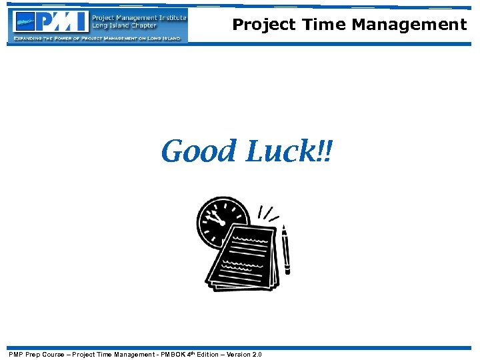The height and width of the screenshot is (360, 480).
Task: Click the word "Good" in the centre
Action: click(x=198, y=151)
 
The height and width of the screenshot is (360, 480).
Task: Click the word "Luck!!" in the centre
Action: click(x=289, y=151)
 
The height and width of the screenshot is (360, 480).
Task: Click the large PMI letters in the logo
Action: click(x=62, y=22)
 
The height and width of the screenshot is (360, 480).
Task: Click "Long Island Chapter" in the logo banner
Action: click(x=124, y=26)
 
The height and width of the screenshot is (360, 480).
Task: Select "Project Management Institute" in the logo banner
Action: click(x=139, y=17)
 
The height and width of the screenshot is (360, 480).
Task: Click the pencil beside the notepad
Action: click(x=287, y=250)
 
